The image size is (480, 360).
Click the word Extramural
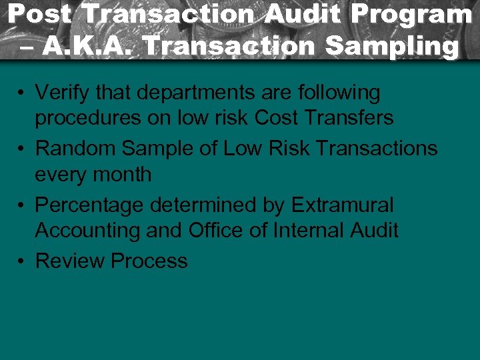pyautogui.click(x=343, y=205)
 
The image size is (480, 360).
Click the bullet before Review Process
pyautogui.click(x=23, y=261)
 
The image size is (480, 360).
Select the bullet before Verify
pyautogui.click(x=23, y=93)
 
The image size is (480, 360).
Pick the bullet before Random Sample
pyautogui.click(x=23, y=149)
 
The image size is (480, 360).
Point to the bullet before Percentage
pyautogui.click(x=23, y=205)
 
